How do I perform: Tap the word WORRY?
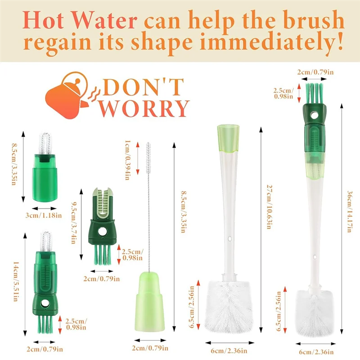144,108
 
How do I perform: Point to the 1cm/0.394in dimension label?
128,161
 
